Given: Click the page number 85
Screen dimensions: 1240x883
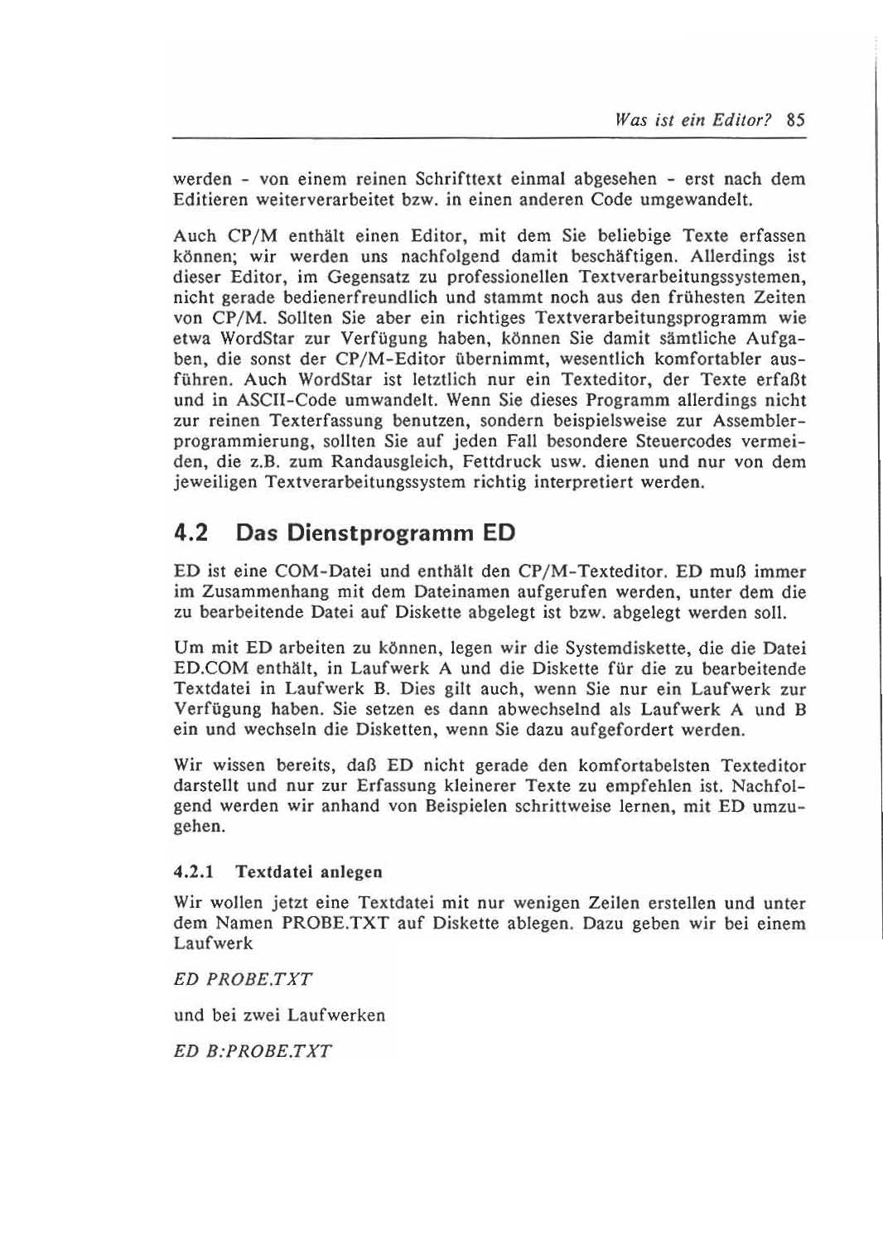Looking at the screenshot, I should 796,118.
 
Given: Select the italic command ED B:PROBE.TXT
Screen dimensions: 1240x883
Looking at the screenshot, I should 253,1052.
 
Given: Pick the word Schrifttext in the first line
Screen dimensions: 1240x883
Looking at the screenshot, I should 461,179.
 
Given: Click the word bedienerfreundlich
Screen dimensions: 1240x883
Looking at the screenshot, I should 339,297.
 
